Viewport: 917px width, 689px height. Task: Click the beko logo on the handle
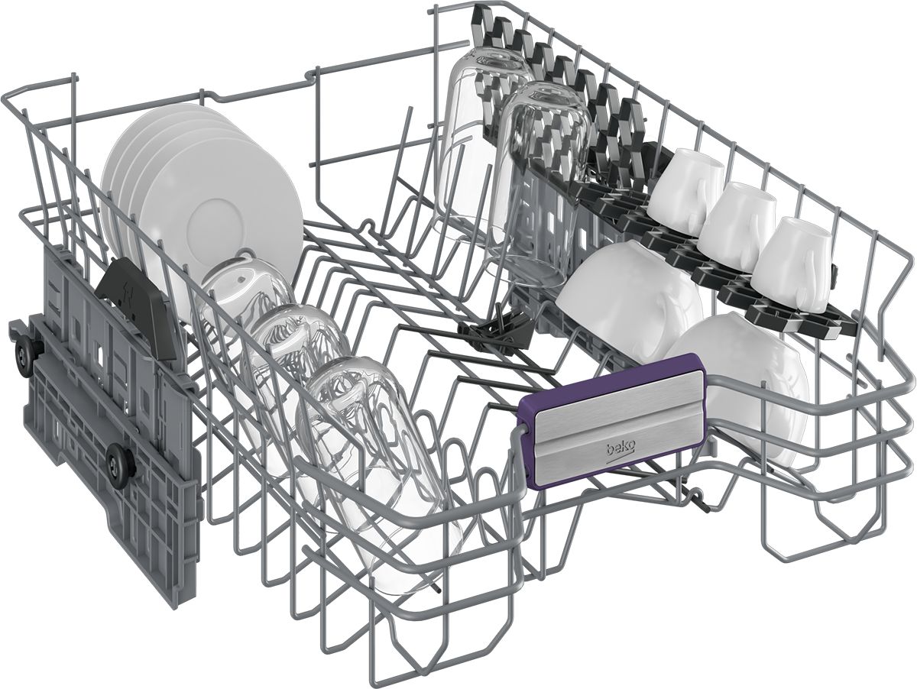click(620, 450)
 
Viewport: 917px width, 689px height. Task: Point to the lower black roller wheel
click(119, 463)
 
